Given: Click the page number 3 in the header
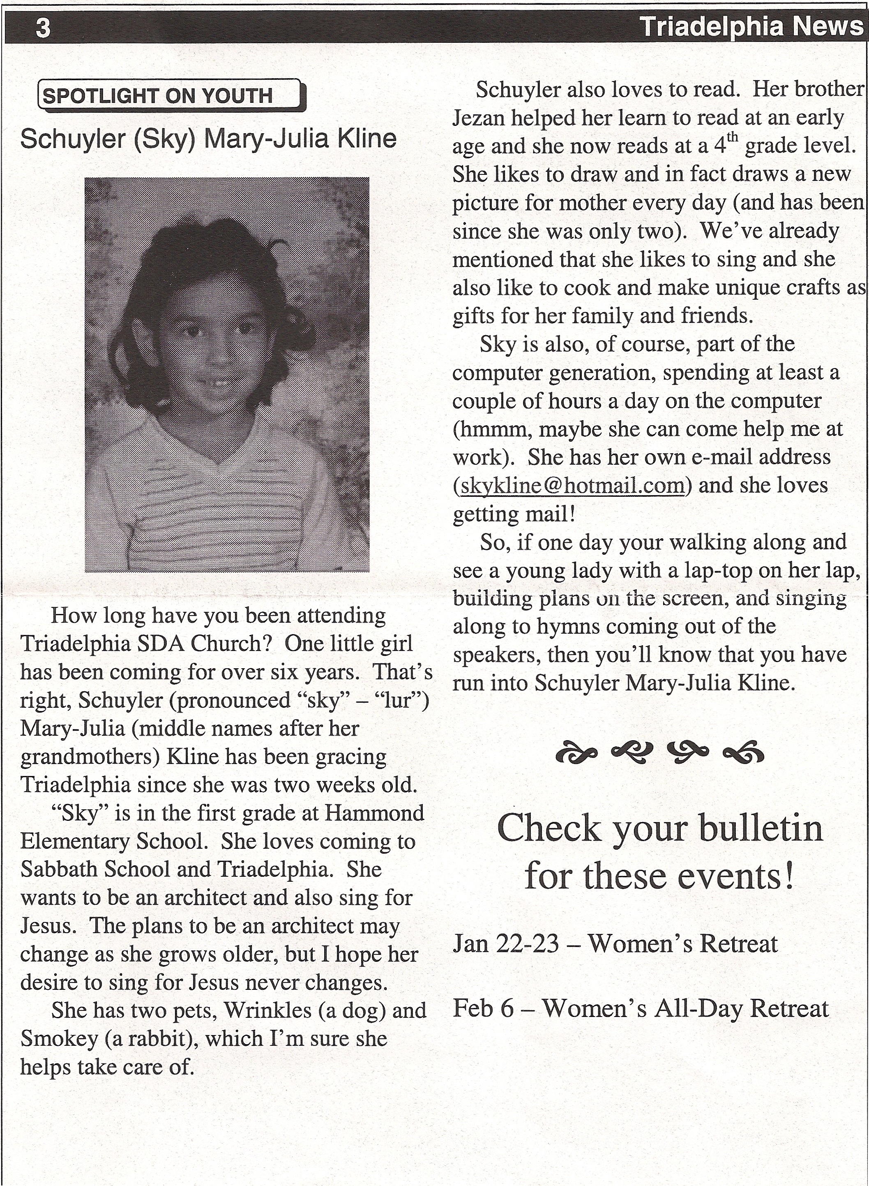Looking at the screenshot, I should click(x=43, y=28).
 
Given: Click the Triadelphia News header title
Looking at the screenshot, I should click(x=751, y=26).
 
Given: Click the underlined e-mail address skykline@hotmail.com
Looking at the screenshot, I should click(x=572, y=485).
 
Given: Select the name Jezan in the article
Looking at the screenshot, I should click(x=478, y=118).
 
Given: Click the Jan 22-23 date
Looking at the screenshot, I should click(x=505, y=943).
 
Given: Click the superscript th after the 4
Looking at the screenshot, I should click(x=733, y=137).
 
